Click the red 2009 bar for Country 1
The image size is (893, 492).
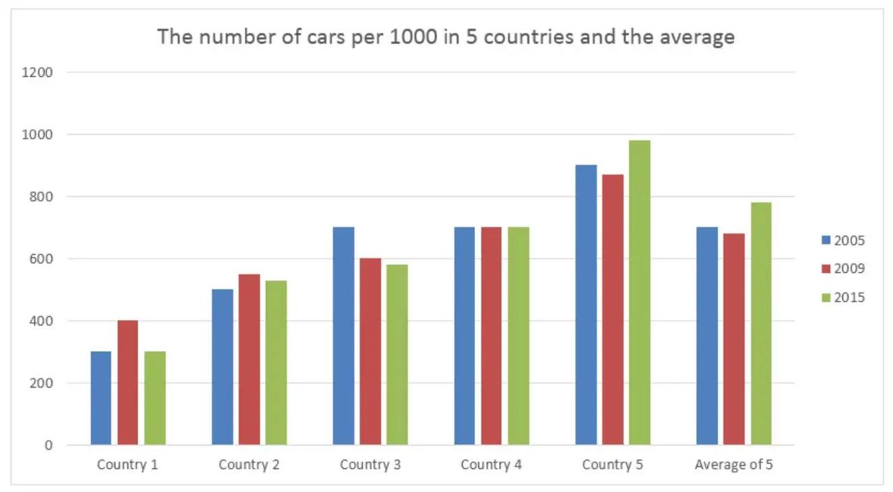(128, 382)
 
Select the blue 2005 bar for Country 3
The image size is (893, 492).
(343, 336)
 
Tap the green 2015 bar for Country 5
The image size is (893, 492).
(640, 292)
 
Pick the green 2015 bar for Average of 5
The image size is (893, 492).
(761, 323)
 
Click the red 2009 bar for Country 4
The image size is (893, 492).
(491, 336)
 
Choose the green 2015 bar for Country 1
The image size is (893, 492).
(155, 398)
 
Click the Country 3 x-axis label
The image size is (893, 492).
(370, 465)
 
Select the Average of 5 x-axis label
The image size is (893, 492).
(733, 465)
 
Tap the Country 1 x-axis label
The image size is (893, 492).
(128, 465)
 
